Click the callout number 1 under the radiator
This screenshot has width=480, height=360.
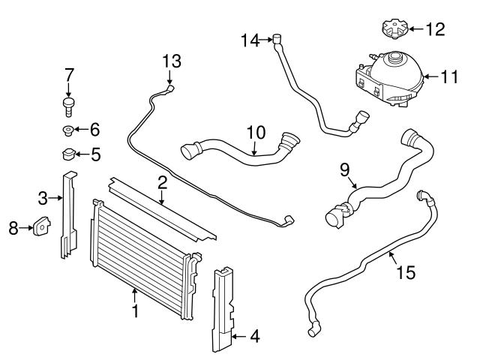[136, 310]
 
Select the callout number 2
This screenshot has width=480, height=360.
[162, 182]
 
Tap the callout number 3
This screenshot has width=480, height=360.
[43, 198]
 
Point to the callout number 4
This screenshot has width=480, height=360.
[255, 337]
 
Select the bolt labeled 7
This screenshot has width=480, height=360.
[68, 103]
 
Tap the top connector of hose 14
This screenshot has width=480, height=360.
[277, 40]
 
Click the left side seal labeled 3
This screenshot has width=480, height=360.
[68, 217]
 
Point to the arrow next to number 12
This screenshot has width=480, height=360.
[415, 29]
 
